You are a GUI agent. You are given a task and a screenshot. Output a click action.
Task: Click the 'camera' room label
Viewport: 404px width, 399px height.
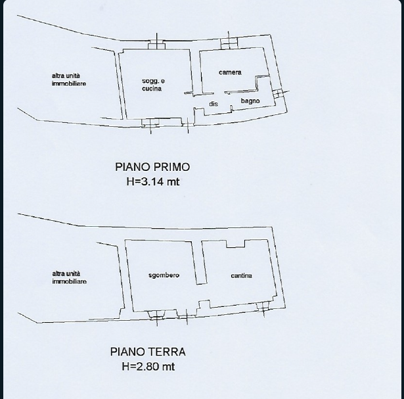click(230, 72)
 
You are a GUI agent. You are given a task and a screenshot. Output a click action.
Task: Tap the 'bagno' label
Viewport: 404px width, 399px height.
click(250, 101)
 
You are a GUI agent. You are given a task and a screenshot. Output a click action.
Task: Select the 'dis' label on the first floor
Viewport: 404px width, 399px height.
click(213, 104)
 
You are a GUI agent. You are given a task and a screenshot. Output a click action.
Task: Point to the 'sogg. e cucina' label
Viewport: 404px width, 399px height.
click(153, 85)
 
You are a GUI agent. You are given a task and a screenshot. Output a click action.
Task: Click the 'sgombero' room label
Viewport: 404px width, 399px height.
click(164, 275)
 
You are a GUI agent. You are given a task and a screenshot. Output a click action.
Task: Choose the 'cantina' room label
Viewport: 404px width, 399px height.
click(242, 275)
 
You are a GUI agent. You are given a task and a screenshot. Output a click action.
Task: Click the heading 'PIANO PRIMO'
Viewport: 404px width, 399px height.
click(152, 167)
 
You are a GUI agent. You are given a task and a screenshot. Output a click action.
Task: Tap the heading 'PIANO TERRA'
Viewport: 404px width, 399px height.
click(148, 352)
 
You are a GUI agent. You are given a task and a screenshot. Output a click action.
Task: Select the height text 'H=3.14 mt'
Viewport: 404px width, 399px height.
click(153, 181)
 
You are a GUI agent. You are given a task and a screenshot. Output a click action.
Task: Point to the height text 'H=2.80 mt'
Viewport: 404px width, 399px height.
click(148, 366)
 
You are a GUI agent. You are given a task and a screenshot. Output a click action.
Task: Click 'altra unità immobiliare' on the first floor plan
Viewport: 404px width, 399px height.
click(69, 80)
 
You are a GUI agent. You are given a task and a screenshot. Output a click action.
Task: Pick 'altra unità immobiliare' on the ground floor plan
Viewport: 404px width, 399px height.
click(70, 277)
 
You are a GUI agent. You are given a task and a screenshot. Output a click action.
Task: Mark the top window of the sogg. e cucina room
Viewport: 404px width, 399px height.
click(156, 44)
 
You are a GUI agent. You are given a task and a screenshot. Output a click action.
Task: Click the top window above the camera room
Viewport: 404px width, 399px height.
click(229, 43)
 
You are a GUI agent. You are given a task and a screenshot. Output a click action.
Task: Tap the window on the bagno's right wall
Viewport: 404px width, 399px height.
click(278, 93)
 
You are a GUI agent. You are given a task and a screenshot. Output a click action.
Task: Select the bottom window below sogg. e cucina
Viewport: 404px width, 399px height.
click(150, 123)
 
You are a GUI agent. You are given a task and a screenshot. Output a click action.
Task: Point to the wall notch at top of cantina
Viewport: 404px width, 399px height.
click(235, 244)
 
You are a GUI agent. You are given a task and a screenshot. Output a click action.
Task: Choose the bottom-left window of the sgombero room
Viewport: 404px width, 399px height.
click(156, 315)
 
